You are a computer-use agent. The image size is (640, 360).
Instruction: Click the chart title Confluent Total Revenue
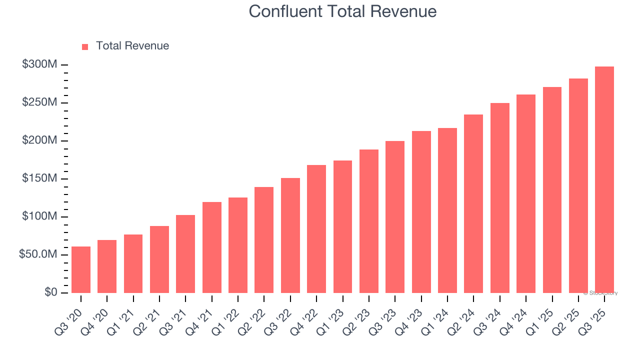(x=342, y=11)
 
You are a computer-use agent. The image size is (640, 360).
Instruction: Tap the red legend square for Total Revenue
(x=85, y=46)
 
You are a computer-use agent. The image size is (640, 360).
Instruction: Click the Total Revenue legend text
(x=132, y=46)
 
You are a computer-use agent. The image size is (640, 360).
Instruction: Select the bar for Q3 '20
(x=81, y=269)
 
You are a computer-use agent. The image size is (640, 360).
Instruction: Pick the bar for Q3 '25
(x=604, y=179)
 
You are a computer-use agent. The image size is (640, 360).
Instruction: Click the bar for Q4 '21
(x=212, y=247)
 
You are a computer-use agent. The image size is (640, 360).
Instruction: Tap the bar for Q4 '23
(x=421, y=212)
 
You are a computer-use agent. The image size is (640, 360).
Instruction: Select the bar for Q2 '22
(x=264, y=240)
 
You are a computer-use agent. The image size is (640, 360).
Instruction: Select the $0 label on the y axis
(x=50, y=292)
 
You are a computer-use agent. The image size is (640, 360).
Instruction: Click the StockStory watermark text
(x=600, y=293)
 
